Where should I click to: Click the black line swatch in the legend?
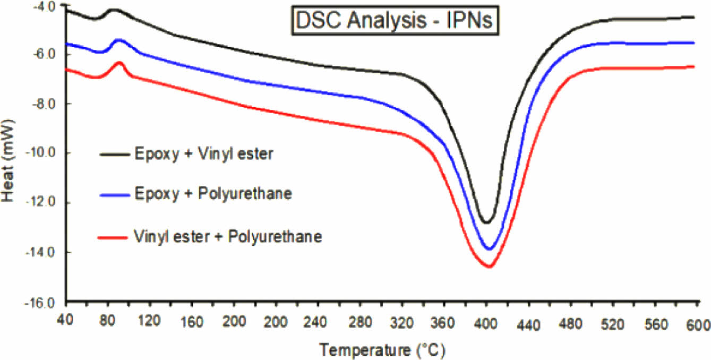(x=115, y=155)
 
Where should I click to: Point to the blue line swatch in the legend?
(x=115, y=195)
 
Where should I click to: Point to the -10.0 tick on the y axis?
(x=44, y=153)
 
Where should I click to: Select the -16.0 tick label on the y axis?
(x=44, y=303)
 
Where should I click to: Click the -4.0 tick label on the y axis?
(x=44, y=7)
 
